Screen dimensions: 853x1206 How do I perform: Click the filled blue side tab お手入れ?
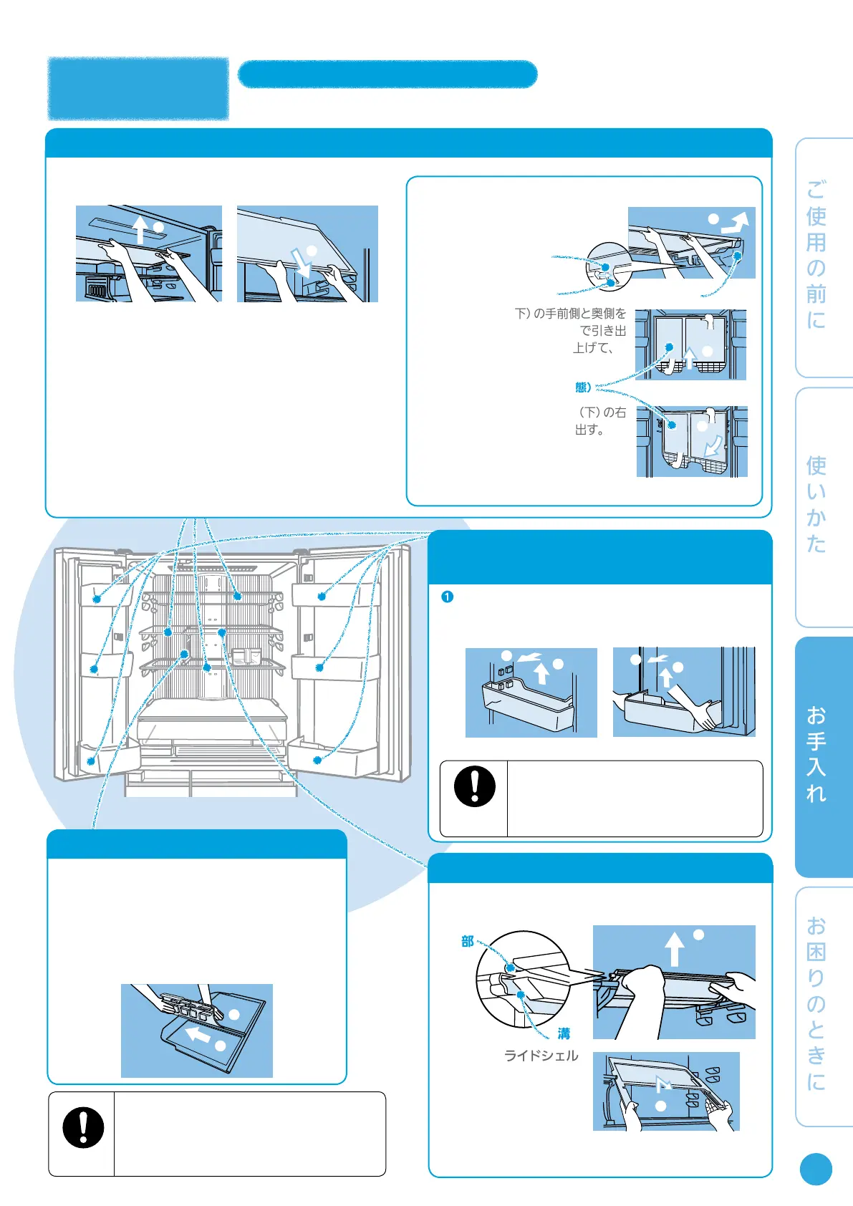coord(824,756)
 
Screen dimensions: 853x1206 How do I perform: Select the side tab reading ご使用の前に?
coord(824,257)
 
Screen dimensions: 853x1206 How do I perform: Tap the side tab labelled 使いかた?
coord(824,506)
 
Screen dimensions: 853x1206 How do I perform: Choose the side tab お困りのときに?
coord(824,1007)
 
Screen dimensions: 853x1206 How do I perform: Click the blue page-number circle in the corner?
coord(816,1169)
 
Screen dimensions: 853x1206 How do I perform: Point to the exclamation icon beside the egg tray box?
coord(83,1127)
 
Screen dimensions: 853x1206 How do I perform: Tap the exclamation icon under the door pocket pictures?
coord(474,786)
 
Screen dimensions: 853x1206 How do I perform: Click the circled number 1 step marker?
coord(447,597)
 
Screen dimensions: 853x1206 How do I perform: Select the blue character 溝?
coord(564,1033)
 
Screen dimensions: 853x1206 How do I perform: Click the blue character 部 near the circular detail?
coord(468,942)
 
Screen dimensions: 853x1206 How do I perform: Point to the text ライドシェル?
coord(541,1056)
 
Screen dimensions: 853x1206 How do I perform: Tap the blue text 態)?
coord(583,387)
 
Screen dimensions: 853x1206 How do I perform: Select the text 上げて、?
coord(594,348)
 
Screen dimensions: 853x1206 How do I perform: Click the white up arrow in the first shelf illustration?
coord(140,229)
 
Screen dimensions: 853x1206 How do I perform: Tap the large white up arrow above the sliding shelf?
coord(674,949)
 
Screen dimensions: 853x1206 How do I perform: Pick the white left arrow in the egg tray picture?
coord(198,1033)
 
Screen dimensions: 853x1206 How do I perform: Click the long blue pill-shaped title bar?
coord(387,74)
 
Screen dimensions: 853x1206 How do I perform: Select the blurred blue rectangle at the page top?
coord(138,88)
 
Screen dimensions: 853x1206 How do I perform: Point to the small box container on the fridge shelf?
coord(246,656)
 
